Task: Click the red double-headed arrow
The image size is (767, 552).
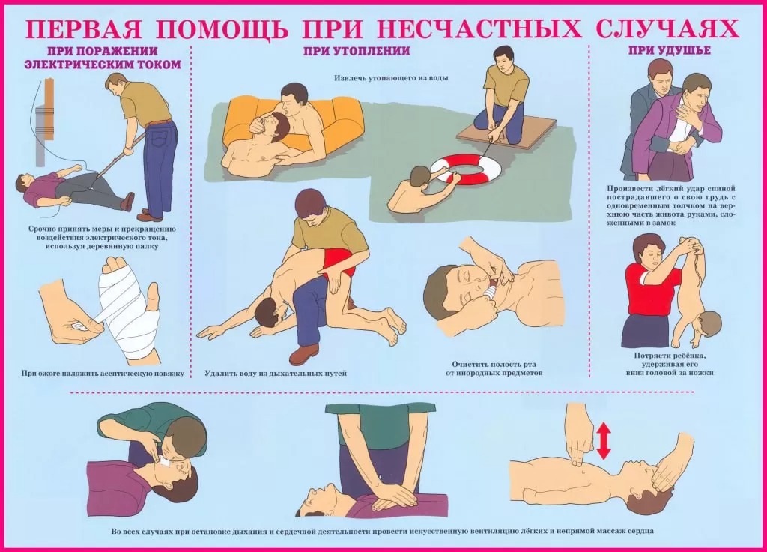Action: point(604,441)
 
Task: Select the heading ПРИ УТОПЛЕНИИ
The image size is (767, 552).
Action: point(356,51)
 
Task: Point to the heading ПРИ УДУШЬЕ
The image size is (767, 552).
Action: point(669,50)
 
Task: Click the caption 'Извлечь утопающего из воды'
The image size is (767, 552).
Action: point(391,78)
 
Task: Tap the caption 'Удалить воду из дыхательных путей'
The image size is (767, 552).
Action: point(276,373)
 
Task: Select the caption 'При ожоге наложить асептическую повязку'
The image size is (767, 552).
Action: point(103,373)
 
